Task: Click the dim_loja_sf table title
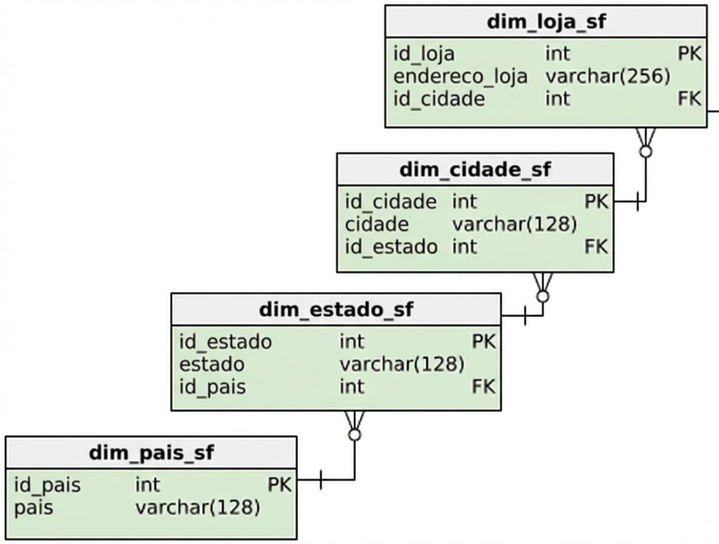point(546,22)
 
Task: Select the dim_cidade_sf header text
point(475,170)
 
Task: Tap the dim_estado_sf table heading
point(336,310)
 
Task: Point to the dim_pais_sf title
point(151,454)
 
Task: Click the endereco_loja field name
point(460,76)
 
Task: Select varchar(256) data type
point(608,76)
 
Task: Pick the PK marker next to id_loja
point(690,53)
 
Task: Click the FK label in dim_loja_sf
point(690,98)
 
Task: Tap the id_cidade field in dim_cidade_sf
point(390,202)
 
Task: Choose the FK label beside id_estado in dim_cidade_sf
point(596,246)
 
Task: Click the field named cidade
point(377,225)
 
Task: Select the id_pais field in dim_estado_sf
point(213,387)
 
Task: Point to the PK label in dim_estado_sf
point(484,341)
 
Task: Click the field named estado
point(211,365)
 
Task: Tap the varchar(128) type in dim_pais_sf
point(197,508)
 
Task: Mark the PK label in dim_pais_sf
point(280,485)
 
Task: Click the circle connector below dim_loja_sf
point(646,151)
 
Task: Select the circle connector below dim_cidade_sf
point(543,296)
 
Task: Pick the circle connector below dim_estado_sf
point(355,435)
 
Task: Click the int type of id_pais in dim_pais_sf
point(147,485)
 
